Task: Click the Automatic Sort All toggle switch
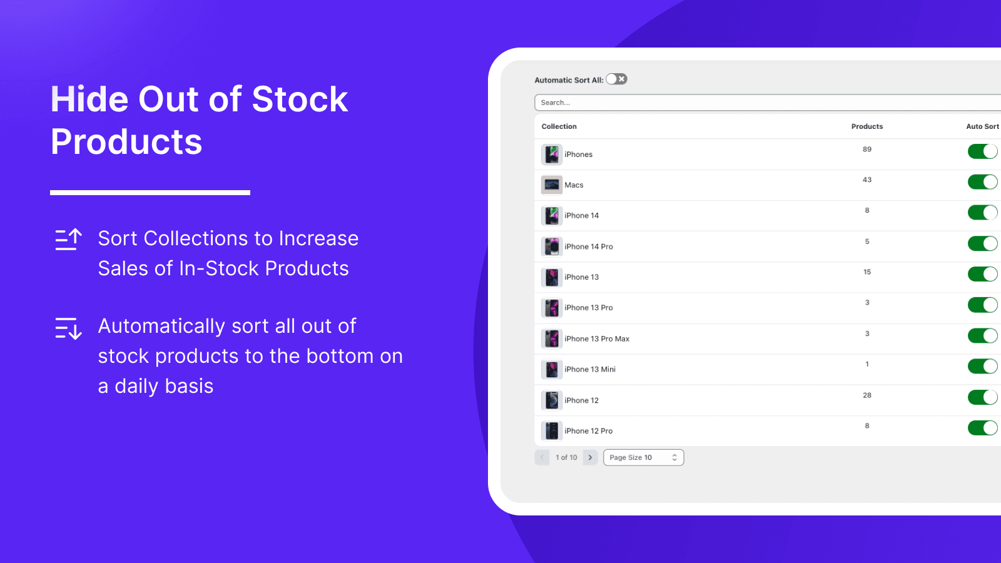pos(616,79)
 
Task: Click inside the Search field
pos(751,103)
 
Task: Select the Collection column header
pos(559,126)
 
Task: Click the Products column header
pos(866,126)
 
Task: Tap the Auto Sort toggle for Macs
pos(982,182)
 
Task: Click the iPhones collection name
pos(578,155)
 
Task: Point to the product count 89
pos(866,150)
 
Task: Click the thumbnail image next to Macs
pos(551,185)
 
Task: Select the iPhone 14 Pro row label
pos(588,246)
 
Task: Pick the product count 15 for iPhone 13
pos(866,272)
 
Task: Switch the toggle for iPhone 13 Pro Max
pos(982,336)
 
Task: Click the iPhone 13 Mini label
pos(589,370)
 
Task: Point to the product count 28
pos(866,395)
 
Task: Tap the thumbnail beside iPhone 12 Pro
pos(551,431)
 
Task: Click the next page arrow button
pos(590,457)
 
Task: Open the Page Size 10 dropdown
pos(643,457)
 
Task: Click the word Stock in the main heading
pos(300,99)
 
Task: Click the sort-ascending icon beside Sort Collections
pos(68,240)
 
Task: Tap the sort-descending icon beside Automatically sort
pos(68,328)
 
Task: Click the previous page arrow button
pos(542,457)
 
